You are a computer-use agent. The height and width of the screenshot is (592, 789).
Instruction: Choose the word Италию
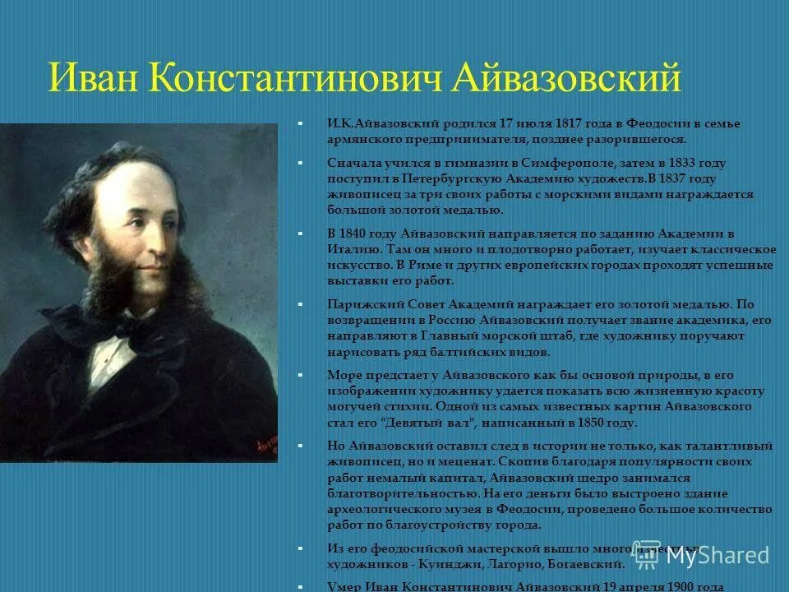351,249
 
